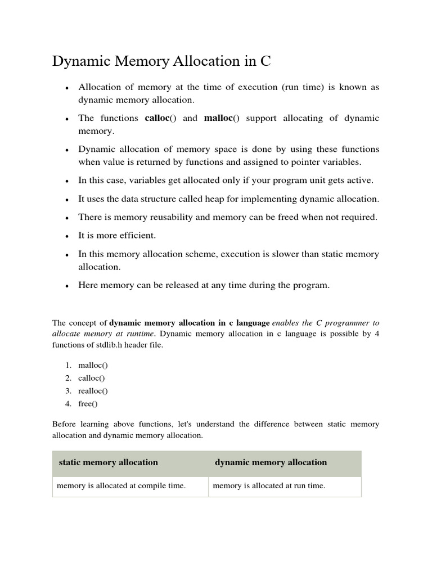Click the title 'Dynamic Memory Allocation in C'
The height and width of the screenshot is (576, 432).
161,62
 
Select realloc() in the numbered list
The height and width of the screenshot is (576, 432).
93,391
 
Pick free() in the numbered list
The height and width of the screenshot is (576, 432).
88,404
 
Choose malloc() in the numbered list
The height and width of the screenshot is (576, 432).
93,365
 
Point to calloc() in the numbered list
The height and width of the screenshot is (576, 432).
92,378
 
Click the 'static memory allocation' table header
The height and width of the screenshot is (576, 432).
109,462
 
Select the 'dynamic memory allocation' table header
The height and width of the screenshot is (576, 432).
271,462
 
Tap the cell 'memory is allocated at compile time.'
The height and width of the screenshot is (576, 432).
120,485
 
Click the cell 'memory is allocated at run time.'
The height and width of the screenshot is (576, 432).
269,485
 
